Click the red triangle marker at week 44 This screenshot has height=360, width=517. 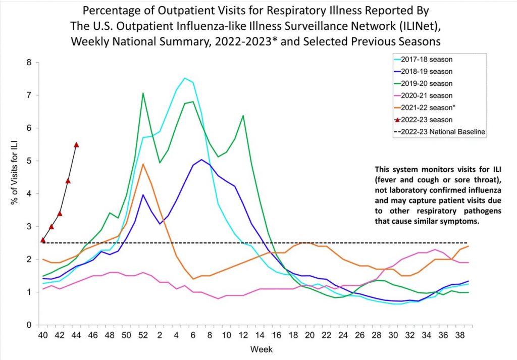pos(76,145)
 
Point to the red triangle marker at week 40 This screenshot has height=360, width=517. pos(43,240)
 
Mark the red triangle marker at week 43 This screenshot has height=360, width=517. pos(68,181)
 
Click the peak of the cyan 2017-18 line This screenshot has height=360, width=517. pos(185,78)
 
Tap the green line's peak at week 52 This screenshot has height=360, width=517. pos(143,93)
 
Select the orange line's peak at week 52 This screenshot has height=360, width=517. pos(143,164)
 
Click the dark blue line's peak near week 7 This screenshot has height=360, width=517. pos(201,160)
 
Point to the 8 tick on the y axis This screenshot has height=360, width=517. pos(29,63)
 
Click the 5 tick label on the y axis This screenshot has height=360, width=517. pos(29,161)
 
